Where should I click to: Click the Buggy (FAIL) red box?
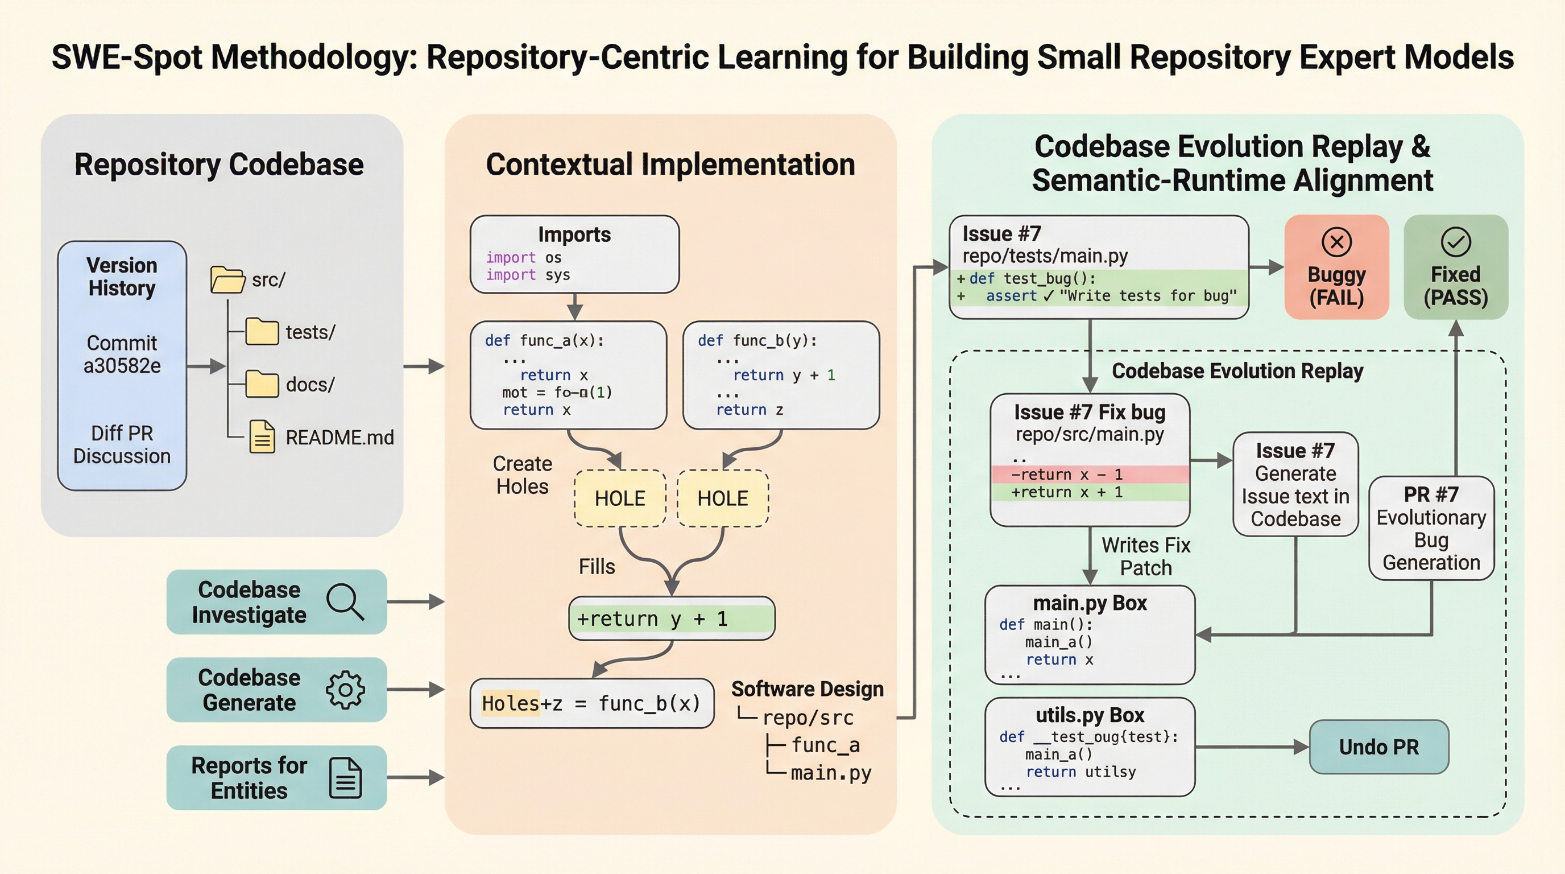click(x=1336, y=267)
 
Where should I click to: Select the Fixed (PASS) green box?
click(x=1456, y=267)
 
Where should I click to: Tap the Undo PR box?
click(x=1378, y=747)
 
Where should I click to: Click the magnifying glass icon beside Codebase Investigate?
click(x=345, y=601)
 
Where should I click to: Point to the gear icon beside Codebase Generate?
click(x=345, y=690)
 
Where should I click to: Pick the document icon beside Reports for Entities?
click(x=345, y=777)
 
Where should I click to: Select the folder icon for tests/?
click(x=262, y=332)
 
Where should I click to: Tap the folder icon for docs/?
click(x=262, y=384)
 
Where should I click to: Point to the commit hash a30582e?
click(x=122, y=366)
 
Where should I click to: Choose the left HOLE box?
click(x=620, y=498)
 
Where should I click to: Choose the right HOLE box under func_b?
click(x=722, y=498)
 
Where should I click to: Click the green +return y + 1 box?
click(x=671, y=619)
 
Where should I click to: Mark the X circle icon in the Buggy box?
click(x=1336, y=242)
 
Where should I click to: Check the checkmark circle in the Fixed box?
click(x=1456, y=242)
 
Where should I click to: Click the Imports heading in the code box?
click(x=574, y=234)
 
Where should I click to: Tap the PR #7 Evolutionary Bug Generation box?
click(x=1431, y=528)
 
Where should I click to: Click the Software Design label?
click(x=807, y=689)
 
